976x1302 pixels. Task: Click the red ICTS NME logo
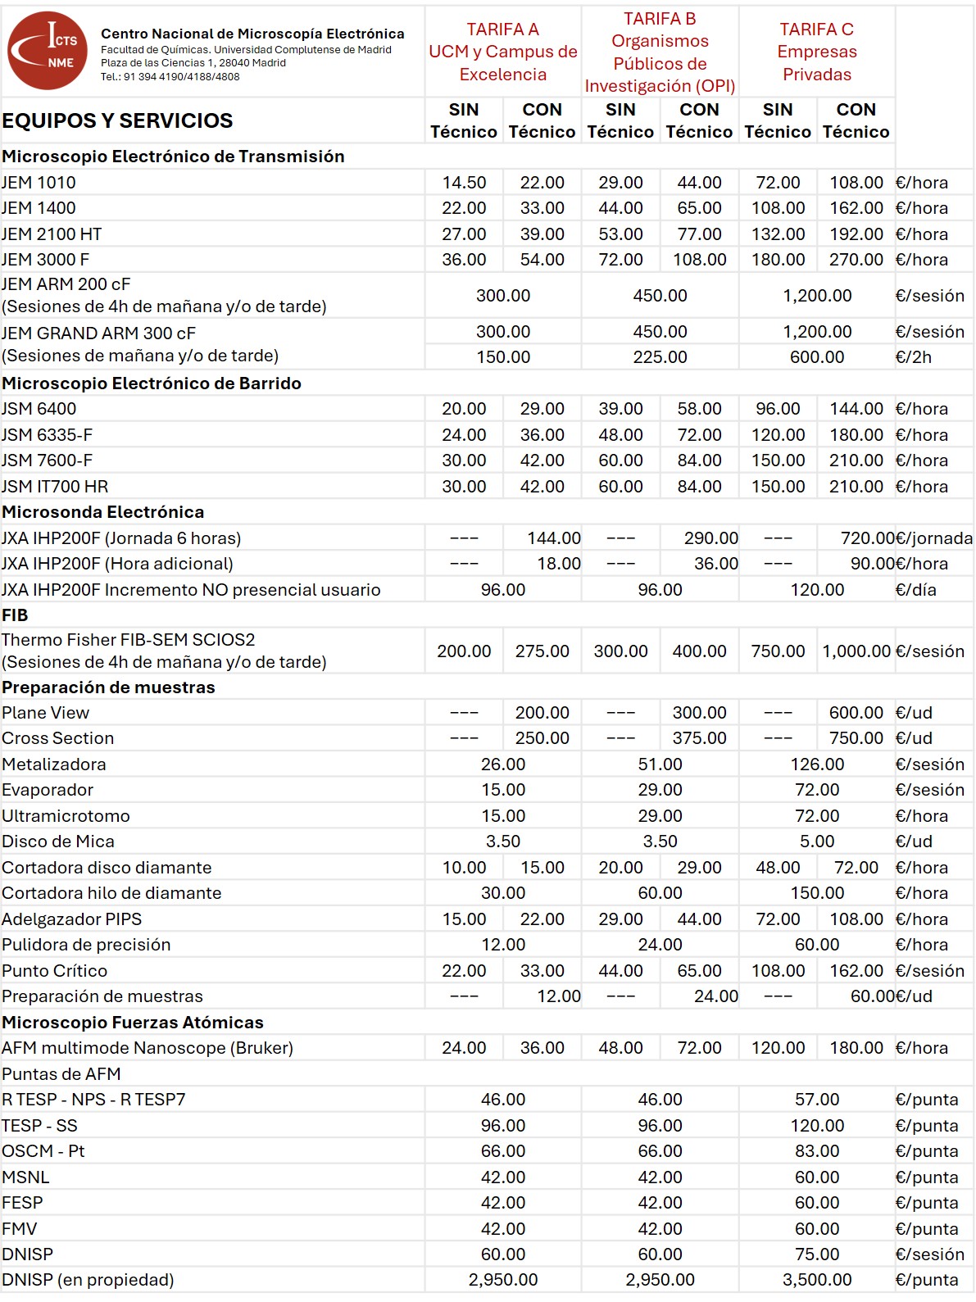coord(48,51)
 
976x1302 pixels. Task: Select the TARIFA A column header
coord(502,52)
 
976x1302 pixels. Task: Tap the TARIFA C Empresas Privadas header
coord(816,52)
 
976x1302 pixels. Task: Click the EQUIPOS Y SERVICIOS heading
coord(117,120)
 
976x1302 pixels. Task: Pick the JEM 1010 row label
coord(39,183)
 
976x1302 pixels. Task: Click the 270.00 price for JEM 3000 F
coord(856,260)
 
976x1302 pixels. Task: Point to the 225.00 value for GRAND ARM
coord(660,357)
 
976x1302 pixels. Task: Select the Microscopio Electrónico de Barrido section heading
coord(152,383)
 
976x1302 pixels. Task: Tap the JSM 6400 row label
coord(39,409)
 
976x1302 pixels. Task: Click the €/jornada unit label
coord(934,538)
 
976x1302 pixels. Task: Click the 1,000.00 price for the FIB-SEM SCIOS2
coord(856,651)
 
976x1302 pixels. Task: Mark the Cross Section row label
coord(57,738)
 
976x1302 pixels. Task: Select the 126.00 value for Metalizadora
coord(816,764)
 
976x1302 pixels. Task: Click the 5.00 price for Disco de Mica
coord(816,842)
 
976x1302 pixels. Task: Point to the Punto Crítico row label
coord(54,971)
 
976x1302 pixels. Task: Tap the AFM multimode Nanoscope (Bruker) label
coord(148,1048)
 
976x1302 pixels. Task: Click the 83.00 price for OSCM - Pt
coord(816,1151)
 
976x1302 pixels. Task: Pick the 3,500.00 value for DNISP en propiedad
coord(816,1280)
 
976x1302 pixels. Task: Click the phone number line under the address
coord(170,77)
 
